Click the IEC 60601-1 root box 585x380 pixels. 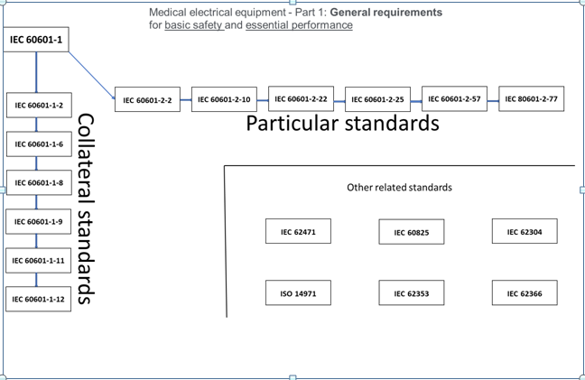36,40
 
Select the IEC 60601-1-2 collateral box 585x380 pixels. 37,106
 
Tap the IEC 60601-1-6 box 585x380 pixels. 37,144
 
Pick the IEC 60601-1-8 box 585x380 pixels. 37,182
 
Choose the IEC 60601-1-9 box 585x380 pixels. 37,221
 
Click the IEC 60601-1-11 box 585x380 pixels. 37,260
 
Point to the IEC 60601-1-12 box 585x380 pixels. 37,299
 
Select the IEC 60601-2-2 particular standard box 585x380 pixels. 147,101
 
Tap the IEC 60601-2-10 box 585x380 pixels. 224,99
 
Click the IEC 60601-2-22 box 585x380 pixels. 301,98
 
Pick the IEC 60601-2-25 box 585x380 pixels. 377,99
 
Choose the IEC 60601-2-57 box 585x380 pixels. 454,98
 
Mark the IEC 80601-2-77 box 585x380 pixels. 532,98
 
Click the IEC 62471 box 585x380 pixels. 298,231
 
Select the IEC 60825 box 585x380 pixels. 411,232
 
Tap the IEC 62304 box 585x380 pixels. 525,231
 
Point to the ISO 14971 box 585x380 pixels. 298,293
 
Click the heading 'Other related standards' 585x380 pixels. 399,188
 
